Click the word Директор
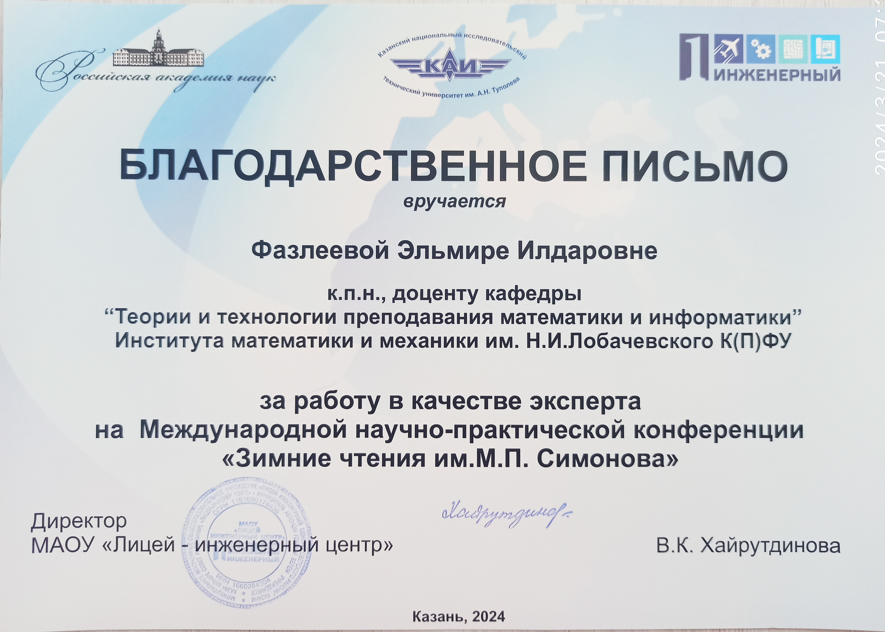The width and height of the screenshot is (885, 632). (x=79, y=521)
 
